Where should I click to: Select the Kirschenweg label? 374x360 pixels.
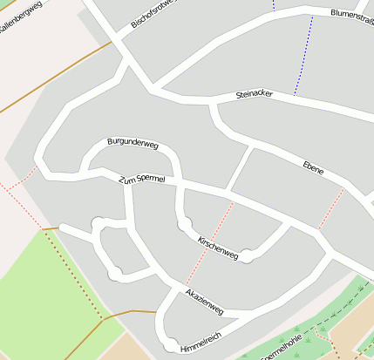(x=218, y=247)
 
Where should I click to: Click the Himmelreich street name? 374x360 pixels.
(x=201, y=342)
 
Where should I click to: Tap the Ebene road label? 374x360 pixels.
(x=313, y=167)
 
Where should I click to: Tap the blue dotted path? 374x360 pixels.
(x=302, y=52)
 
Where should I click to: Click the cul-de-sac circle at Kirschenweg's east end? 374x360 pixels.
(x=248, y=256)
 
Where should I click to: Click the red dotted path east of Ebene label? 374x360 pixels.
(x=331, y=209)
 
